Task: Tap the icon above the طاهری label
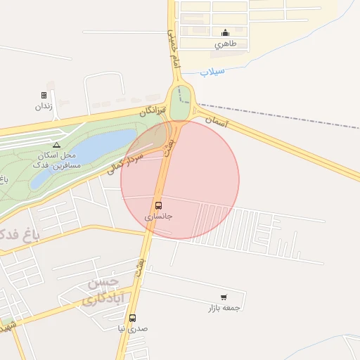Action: (225, 32)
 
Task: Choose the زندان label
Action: (44, 106)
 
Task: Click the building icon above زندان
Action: (44, 95)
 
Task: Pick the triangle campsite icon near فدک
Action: (57, 145)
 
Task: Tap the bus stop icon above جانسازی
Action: (158, 206)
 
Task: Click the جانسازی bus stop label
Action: (158, 217)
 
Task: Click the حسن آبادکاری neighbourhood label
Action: (103, 291)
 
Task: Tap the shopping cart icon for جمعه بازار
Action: (224, 297)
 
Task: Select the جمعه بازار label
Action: (224, 308)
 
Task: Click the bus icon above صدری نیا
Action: (133, 318)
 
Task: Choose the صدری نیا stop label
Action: (132, 328)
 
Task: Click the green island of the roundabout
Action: (181, 103)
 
